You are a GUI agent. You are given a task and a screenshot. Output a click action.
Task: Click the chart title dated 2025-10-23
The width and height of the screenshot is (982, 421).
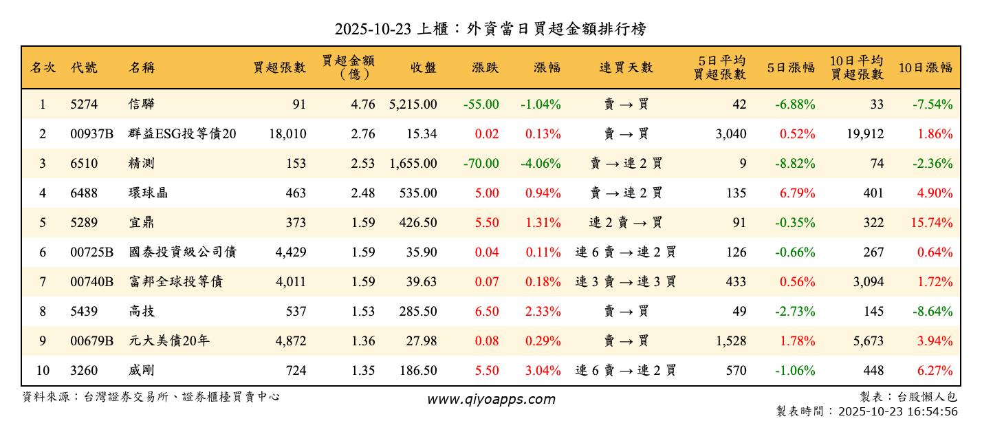[x=490, y=29]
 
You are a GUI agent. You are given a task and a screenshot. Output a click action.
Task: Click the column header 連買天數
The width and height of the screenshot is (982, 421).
[x=626, y=67]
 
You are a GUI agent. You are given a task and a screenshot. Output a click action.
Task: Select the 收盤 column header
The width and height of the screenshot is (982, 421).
[x=423, y=67]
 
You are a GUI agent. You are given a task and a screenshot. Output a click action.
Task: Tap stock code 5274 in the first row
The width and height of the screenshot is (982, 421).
[x=84, y=105]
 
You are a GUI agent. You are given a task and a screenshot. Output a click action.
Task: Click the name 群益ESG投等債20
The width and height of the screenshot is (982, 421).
[x=182, y=134]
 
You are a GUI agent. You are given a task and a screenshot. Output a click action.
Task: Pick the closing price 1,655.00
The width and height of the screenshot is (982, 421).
[x=413, y=164]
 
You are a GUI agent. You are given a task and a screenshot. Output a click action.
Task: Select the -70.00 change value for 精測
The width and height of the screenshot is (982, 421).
[x=481, y=164]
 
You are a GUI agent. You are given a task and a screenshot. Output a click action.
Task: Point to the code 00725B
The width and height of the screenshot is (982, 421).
[x=91, y=252]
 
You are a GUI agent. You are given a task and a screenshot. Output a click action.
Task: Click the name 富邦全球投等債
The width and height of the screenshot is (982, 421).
[x=175, y=282]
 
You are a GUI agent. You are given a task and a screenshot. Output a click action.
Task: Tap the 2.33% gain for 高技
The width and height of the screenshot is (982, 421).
[x=543, y=312]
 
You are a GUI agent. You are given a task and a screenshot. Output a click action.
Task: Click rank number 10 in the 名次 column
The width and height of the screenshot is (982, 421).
[x=43, y=371]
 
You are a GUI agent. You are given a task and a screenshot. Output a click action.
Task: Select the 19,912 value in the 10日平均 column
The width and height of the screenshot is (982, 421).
[x=864, y=134]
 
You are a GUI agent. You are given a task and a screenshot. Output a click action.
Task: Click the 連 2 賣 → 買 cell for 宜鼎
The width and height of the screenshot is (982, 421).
[x=626, y=223]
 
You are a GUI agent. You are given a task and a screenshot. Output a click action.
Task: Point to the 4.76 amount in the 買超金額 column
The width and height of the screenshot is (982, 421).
[x=362, y=105]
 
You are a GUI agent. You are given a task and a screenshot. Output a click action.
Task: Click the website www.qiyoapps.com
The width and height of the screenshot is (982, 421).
[x=490, y=399]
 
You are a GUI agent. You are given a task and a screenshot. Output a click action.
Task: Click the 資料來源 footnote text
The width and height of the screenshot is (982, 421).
[x=151, y=397]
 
